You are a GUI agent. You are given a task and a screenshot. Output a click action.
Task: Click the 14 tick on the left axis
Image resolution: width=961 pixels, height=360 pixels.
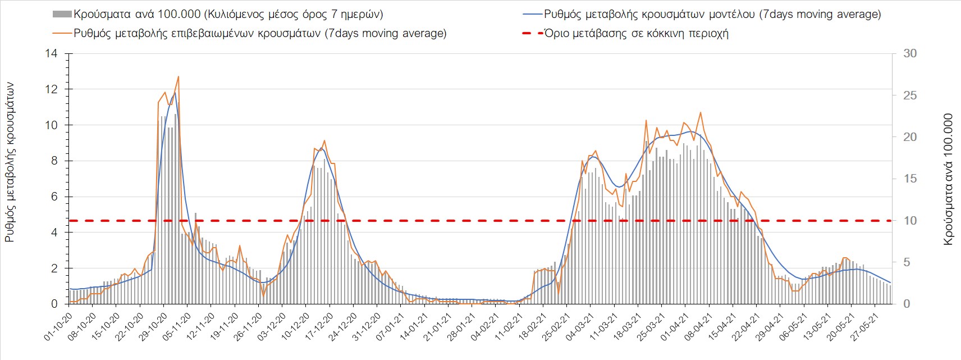(52, 54)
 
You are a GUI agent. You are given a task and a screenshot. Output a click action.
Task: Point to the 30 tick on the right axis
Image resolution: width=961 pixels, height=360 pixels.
(910, 54)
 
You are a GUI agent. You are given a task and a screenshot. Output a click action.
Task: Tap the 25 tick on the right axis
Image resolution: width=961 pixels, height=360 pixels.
(910, 95)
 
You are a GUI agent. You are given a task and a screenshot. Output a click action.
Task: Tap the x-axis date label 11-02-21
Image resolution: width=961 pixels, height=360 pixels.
(509, 325)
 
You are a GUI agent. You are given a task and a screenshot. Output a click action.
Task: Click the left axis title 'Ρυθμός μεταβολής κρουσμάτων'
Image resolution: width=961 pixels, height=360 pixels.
(10, 163)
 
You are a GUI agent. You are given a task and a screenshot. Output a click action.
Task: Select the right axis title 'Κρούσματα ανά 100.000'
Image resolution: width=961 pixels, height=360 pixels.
(948, 180)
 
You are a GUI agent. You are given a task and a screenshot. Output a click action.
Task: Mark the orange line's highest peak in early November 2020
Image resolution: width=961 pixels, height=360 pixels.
(179, 76)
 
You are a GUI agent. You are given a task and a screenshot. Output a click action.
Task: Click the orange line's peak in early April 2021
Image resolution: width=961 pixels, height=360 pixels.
(700, 113)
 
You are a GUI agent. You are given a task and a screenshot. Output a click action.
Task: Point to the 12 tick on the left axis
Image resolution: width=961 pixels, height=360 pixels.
(52, 89)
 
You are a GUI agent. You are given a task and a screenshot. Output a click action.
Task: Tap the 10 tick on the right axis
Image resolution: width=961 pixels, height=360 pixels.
(910, 221)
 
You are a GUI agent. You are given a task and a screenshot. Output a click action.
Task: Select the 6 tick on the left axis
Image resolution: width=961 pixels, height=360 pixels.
(54, 197)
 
